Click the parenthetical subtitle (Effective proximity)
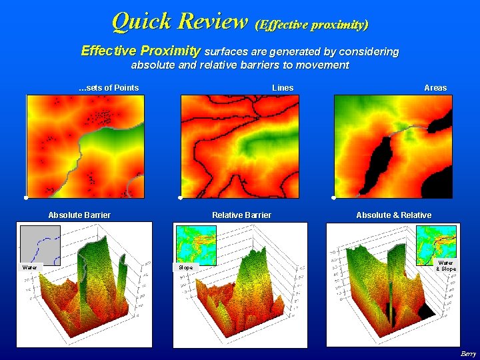[311, 25]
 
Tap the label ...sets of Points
[109, 87]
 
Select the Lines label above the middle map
[283, 87]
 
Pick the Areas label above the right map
[435, 87]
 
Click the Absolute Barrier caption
[79, 215]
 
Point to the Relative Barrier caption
[241, 215]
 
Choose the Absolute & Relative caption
[393, 215]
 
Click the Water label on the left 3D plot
[30, 267]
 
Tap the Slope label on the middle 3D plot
[186, 267]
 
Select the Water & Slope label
[445, 265]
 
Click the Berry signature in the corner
[467, 353]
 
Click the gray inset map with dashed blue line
[40, 244]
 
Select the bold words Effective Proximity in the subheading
[141, 51]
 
